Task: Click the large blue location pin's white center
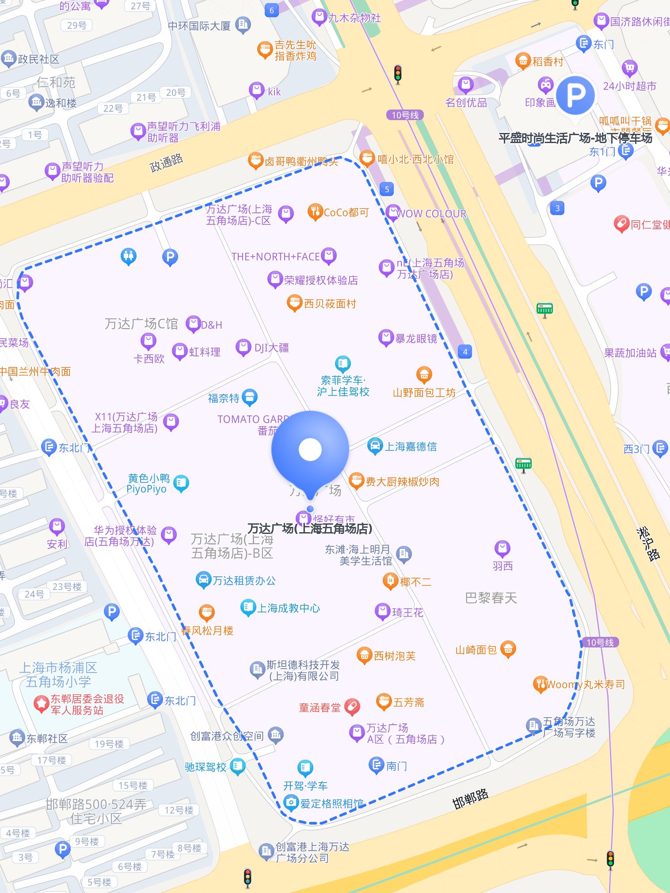point(310,449)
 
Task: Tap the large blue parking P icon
point(575,95)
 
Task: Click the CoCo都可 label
point(346,212)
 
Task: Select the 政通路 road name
point(167,163)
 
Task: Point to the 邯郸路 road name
point(470,798)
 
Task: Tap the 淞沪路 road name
point(648,544)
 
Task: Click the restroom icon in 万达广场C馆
point(129,256)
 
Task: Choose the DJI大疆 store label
point(271,348)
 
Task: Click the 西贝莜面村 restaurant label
point(330,304)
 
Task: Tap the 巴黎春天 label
point(491,598)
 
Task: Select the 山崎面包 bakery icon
point(508,649)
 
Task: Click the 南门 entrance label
point(396,766)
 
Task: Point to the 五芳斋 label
point(409,702)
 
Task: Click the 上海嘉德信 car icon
point(375,446)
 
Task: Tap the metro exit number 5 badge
point(387,189)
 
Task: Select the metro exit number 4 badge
point(465,352)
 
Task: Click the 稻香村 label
point(548,61)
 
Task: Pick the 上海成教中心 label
point(288,608)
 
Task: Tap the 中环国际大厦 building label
point(199,26)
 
